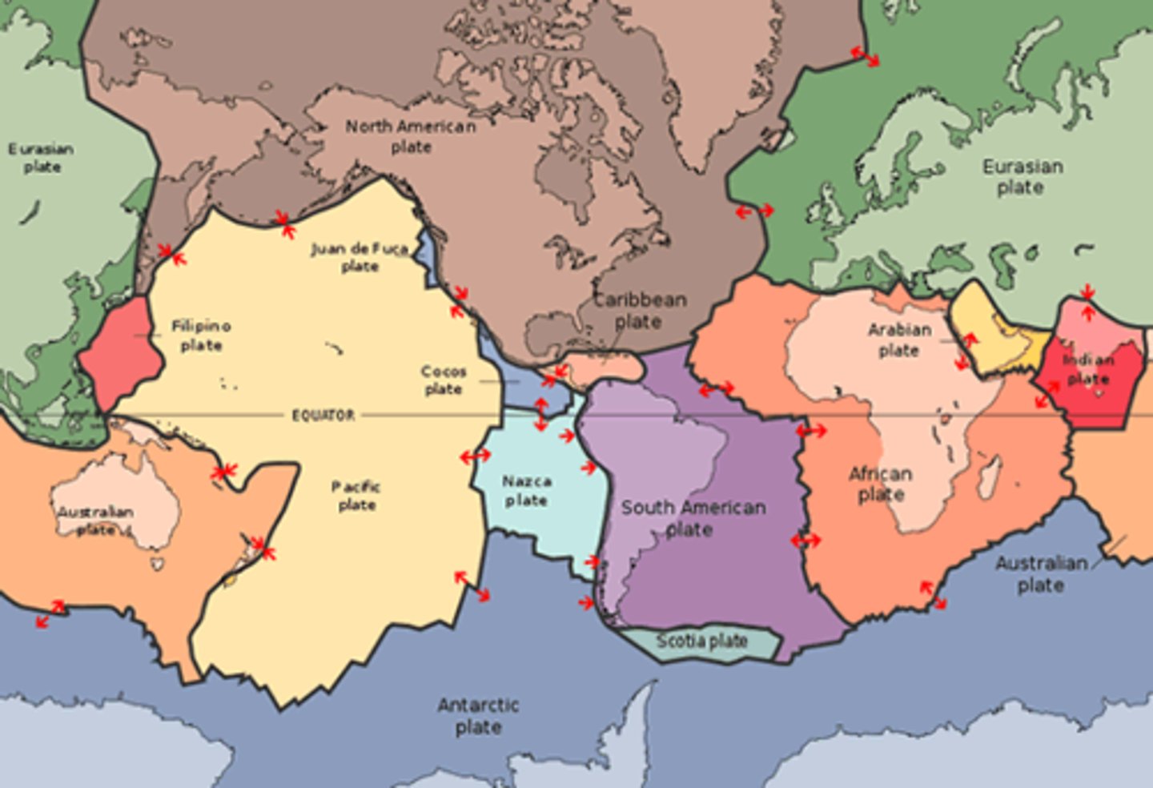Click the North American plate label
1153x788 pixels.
(411, 137)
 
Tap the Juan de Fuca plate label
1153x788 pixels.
(360, 258)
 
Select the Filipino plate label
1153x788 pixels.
(201, 336)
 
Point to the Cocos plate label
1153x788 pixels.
(444, 380)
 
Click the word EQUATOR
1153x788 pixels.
(323, 415)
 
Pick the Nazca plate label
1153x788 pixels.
(526, 491)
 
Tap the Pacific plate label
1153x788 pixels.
(356, 496)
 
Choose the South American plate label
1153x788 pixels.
(693, 518)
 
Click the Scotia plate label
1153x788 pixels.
(701, 641)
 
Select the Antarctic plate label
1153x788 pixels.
(478, 716)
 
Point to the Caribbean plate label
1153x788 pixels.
(639, 311)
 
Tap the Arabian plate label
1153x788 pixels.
(899, 340)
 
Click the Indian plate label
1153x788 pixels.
(1087, 369)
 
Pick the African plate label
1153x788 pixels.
(881, 484)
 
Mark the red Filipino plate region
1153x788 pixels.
(120, 352)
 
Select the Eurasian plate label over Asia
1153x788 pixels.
(1022, 177)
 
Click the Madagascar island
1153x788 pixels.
(991, 468)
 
